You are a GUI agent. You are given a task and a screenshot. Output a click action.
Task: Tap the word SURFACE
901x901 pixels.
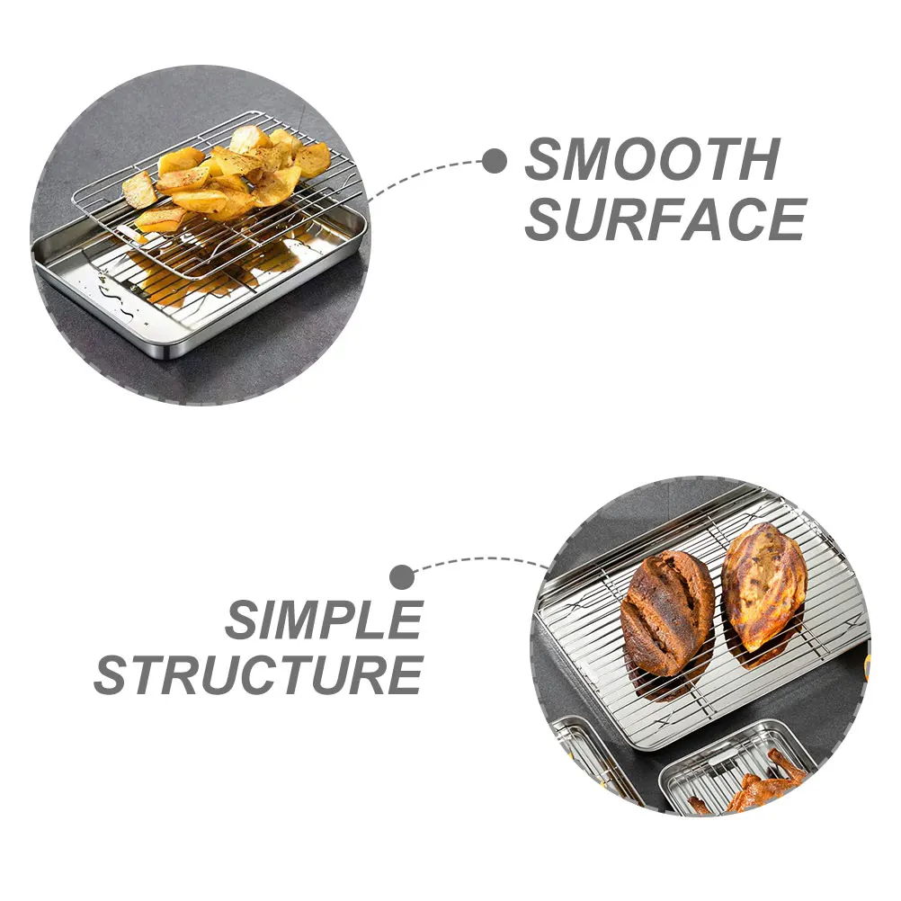point(665,219)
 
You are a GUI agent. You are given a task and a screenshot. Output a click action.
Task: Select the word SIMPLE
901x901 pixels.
point(324,620)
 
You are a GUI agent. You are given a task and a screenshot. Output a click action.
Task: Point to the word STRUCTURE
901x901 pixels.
point(258,675)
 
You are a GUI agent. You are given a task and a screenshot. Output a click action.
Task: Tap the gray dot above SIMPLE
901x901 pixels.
point(402,575)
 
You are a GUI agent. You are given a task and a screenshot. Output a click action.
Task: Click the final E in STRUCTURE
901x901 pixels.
point(403,675)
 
